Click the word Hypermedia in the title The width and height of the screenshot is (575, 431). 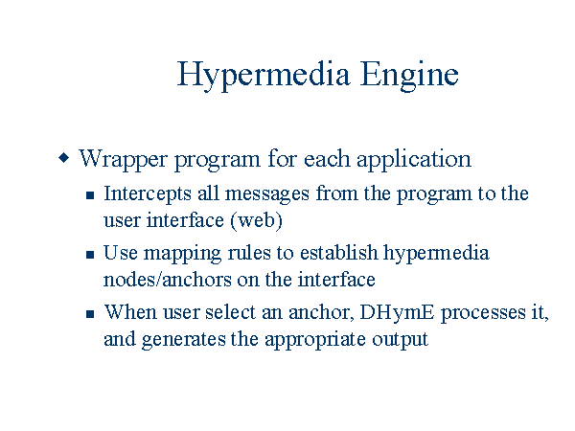pyautogui.click(x=264, y=76)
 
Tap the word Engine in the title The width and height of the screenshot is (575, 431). pyautogui.click(x=409, y=76)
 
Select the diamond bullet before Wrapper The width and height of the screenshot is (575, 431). pyautogui.click(x=64, y=158)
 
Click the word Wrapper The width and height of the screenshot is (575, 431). pyautogui.click(x=124, y=160)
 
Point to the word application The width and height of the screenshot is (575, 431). pyautogui.click(x=414, y=160)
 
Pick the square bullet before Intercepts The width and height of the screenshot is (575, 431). pyautogui.click(x=90, y=195)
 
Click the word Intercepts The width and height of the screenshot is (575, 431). pyautogui.click(x=148, y=194)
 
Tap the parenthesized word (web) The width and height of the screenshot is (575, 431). pyautogui.click(x=257, y=220)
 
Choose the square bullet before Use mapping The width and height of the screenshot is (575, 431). pyautogui.click(x=90, y=255)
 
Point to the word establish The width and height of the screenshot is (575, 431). pyautogui.click(x=338, y=253)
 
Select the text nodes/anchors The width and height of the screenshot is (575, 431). pyautogui.click(x=167, y=280)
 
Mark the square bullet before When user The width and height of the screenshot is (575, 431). pyautogui.click(x=90, y=314)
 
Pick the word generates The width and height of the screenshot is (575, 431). pyautogui.click(x=183, y=340)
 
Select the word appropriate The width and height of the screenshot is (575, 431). pyautogui.click(x=315, y=340)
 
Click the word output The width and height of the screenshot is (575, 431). pyautogui.click(x=400, y=340)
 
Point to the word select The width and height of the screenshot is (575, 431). pyautogui.click(x=230, y=312)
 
